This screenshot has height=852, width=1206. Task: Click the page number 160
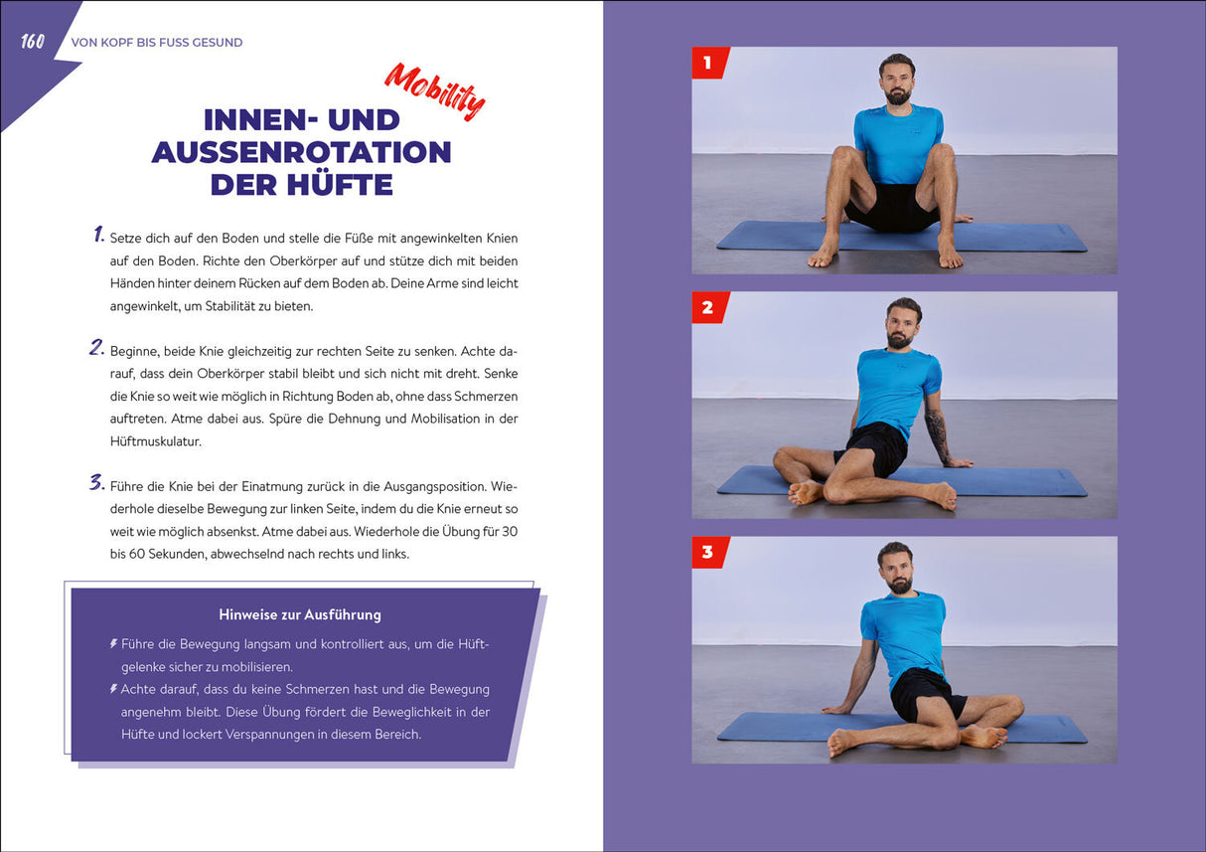tap(33, 42)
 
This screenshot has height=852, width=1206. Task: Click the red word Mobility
tap(435, 91)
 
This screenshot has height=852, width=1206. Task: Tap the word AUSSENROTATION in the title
tap(302, 152)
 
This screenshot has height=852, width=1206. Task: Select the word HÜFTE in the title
tap(340, 184)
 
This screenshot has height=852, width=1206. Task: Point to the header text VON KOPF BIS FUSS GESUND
tap(157, 43)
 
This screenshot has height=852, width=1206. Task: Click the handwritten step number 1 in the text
tap(98, 235)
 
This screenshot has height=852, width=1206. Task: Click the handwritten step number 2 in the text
tap(97, 348)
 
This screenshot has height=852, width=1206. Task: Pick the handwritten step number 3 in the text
tap(97, 482)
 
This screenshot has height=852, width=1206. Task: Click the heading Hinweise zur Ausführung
tap(300, 614)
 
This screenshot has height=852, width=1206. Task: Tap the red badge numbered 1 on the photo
tap(709, 63)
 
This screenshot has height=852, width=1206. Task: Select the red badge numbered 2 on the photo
tap(709, 308)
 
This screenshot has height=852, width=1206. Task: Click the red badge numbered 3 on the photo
tap(709, 553)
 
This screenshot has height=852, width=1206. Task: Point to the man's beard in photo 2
tap(900, 339)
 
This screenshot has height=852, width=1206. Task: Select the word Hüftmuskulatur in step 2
tap(156, 441)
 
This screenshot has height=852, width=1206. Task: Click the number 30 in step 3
tap(510, 531)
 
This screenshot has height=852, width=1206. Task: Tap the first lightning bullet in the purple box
tap(113, 643)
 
